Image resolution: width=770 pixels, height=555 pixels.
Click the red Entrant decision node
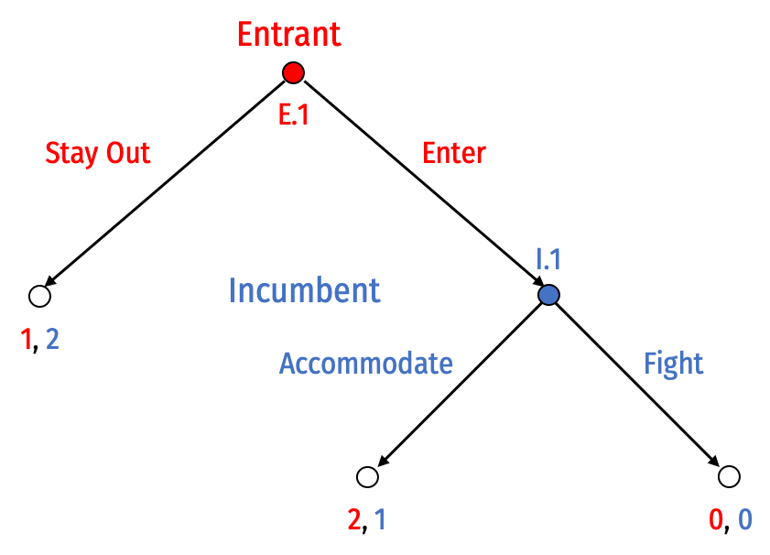(293, 72)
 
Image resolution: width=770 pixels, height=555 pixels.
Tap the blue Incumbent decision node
(548, 295)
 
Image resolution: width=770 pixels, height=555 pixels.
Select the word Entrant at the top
(289, 34)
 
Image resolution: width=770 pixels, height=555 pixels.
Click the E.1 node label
(294, 114)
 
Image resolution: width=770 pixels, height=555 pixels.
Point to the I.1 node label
(548, 259)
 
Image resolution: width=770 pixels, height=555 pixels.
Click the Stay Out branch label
(98, 153)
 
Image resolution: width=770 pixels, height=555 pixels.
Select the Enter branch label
(454, 153)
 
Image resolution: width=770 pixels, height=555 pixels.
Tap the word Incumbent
(305, 290)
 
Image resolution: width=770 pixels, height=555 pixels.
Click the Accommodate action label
(366, 364)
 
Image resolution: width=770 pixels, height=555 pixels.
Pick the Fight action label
(673, 364)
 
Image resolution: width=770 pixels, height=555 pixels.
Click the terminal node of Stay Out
(39, 296)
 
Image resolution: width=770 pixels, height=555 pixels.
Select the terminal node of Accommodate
(367, 476)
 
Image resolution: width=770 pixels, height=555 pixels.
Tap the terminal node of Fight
(729, 476)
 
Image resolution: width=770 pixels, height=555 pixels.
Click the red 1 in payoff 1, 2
(26, 340)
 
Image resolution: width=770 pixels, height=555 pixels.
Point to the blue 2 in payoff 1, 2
(52, 340)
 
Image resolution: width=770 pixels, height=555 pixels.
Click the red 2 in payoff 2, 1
(354, 519)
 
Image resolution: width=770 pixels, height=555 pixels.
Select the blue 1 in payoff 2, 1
(381, 519)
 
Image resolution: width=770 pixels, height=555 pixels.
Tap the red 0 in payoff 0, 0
(716, 519)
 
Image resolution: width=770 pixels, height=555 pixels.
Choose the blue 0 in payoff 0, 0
(745, 519)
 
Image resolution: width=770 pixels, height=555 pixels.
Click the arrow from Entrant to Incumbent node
(424, 184)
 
